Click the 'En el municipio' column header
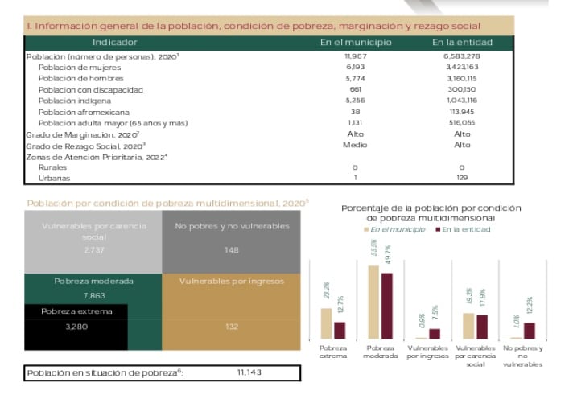click(x=356, y=42)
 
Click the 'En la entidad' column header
click(x=462, y=42)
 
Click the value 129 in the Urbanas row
click(x=462, y=177)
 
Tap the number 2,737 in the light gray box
click(x=94, y=250)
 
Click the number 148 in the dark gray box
click(x=232, y=250)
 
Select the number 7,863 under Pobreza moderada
click(x=94, y=296)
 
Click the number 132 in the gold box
click(x=232, y=327)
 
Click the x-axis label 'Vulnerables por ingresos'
click(x=427, y=352)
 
